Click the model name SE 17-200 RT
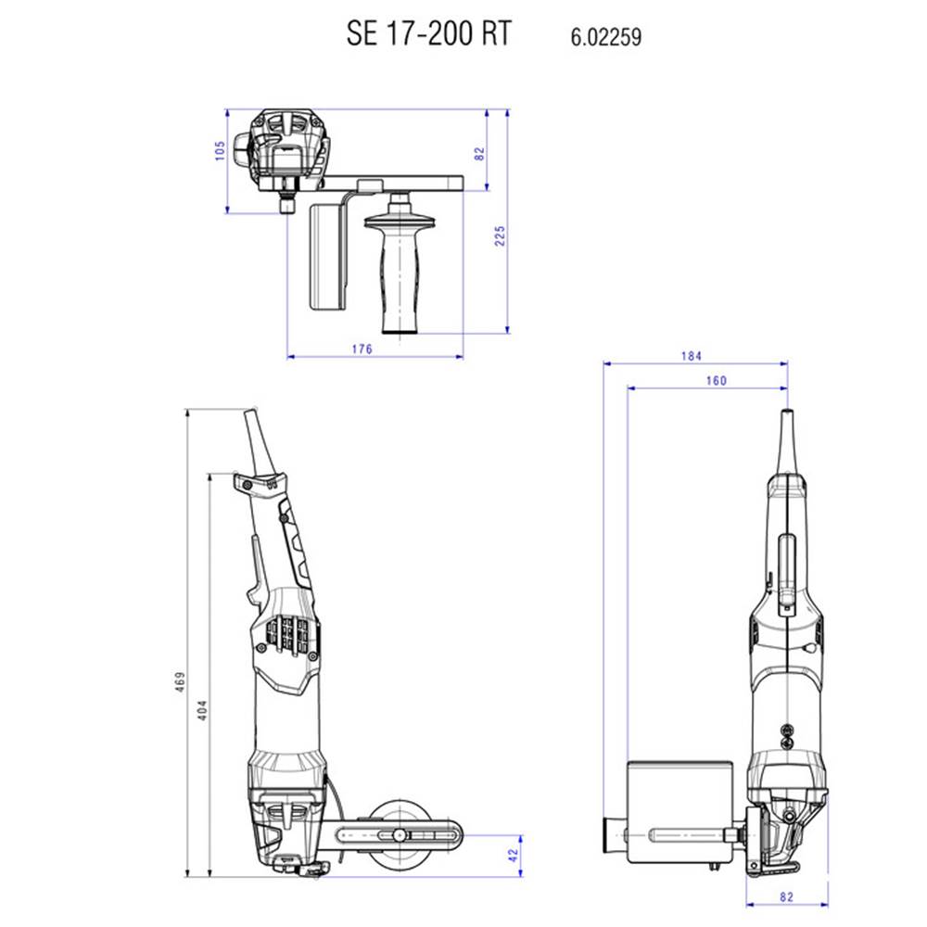coord(428,33)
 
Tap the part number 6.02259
coord(606,37)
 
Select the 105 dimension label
coord(220,150)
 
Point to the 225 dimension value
coord(501,235)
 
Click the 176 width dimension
coord(362,349)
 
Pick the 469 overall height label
coord(181,681)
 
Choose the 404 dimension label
coord(202,710)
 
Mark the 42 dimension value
coord(513,855)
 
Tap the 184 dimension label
coord(692,356)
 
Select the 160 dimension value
coord(716,381)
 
